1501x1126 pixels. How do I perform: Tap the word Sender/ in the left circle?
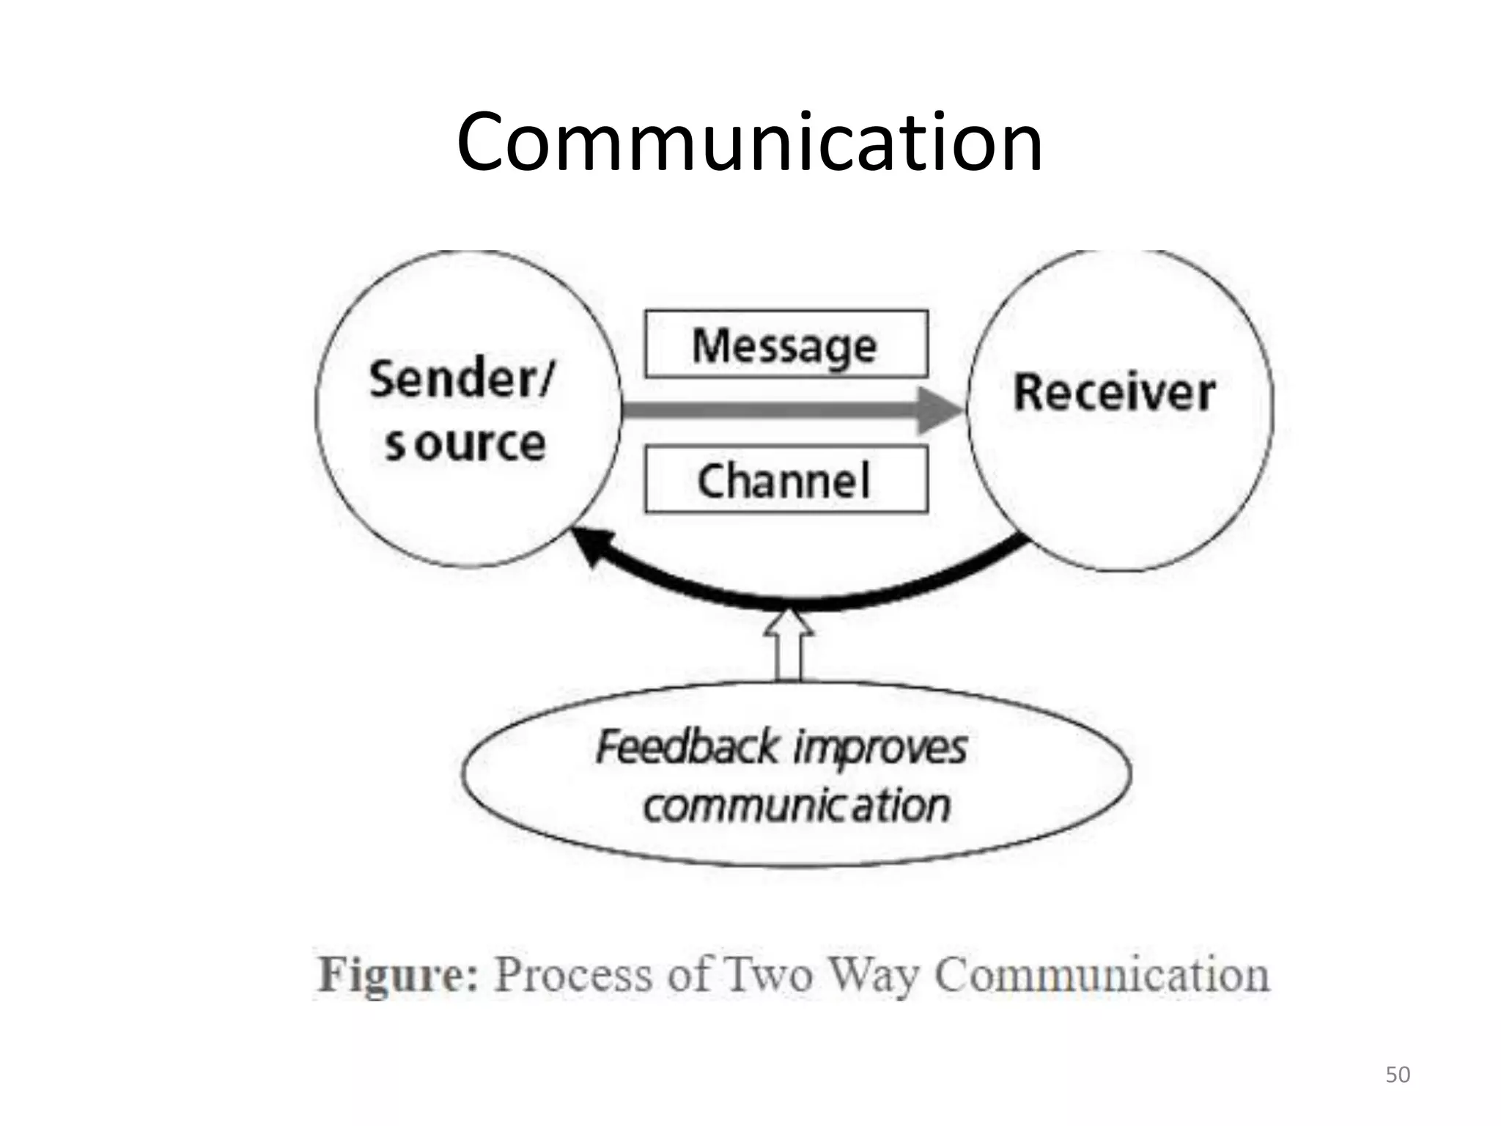coord(462,380)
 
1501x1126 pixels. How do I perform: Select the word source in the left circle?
coord(466,444)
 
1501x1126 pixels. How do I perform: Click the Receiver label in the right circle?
coord(1114,393)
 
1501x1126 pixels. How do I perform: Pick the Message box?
coord(786,345)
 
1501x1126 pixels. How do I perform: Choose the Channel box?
coord(786,480)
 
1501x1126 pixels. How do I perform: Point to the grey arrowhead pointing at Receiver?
coord(941,411)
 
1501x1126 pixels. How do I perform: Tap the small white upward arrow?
coord(789,645)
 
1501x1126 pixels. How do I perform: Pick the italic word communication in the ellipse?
coord(797,806)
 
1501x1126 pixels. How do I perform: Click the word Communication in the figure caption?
coord(1102,975)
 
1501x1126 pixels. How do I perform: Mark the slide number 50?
coord(1397,1075)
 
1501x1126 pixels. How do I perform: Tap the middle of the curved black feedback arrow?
coord(795,603)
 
